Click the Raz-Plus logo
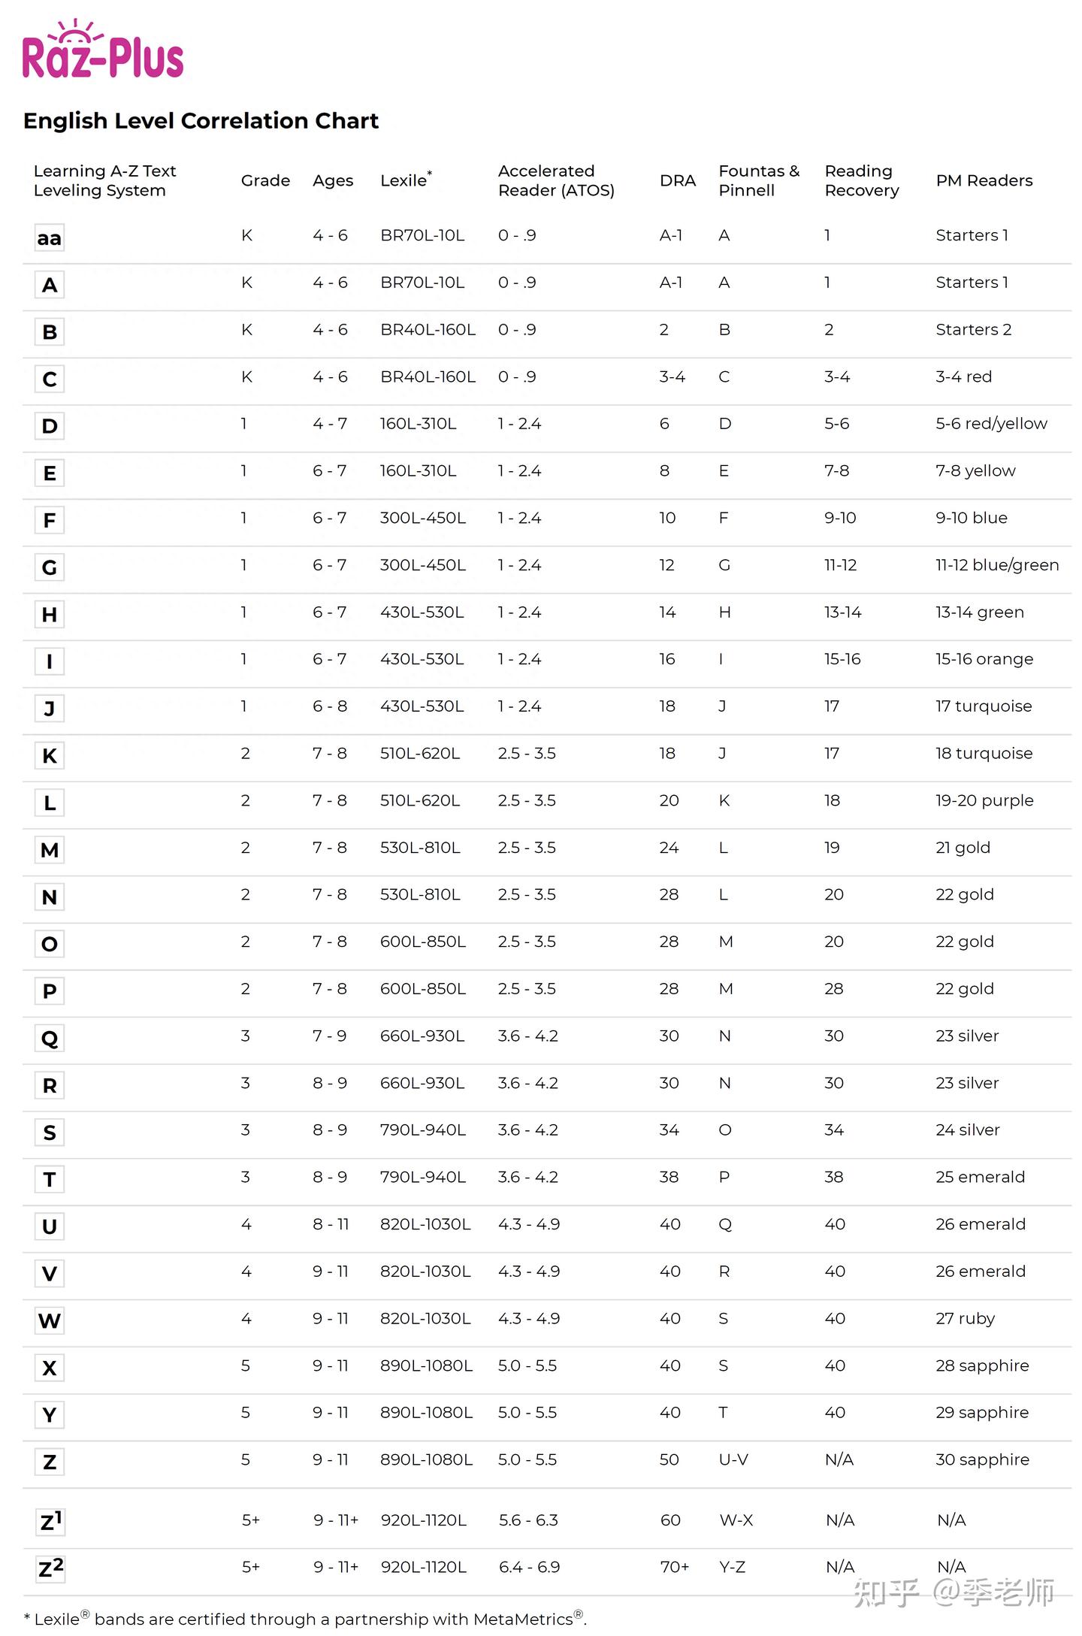click(103, 51)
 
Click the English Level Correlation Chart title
click(201, 121)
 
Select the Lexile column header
click(405, 180)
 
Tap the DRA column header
click(677, 180)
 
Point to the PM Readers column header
click(984, 180)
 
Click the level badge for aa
click(50, 238)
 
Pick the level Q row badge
click(50, 1039)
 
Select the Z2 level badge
click(50, 1568)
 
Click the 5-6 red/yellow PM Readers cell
click(990, 424)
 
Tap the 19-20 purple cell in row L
click(984, 800)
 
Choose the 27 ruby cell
click(965, 1318)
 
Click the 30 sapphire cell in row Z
click(981, 1459)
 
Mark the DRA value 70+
click(674, 1567)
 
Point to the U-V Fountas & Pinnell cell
click(733, 1459)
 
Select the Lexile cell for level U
click(425, 1224)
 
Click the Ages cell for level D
click(330, 424)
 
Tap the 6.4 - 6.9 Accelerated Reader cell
click(529, 1567)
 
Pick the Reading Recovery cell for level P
click(833, 989)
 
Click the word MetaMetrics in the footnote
click(523, 1619)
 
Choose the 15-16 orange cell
click(984, 659)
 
